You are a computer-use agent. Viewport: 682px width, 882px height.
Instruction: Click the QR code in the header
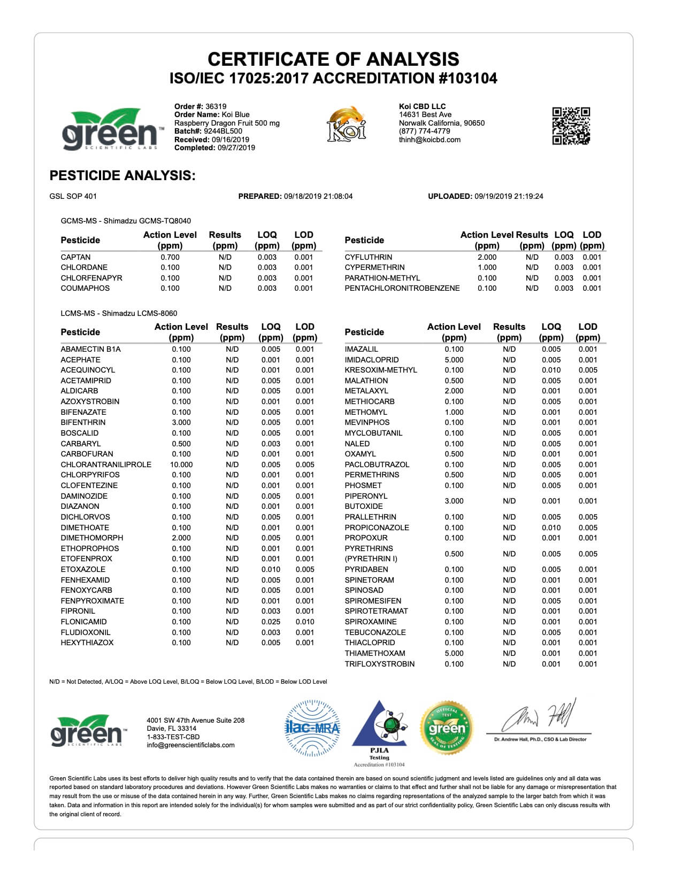[x=571, y=126]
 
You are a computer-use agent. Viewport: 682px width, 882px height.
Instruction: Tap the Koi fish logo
[x=347, y=124]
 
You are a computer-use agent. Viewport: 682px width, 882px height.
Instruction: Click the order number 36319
[x=216, y=106]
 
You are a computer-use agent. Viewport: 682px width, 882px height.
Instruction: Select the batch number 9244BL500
[x=223, y=131]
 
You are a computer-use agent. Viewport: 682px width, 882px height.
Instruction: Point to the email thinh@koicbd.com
[x=429, y=140]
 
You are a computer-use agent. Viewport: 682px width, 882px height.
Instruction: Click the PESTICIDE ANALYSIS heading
[x=122, y=175]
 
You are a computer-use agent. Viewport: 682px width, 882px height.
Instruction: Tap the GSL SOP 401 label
[x=73, y=196]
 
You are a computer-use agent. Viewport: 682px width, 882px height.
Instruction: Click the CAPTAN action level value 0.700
[x=170, y=257]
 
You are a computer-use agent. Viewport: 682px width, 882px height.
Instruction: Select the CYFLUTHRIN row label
[x=368, y=257]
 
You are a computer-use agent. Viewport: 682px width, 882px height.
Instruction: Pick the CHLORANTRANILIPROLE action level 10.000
[x=181, y=465]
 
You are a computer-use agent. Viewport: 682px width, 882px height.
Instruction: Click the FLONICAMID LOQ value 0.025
[x=271, y=622]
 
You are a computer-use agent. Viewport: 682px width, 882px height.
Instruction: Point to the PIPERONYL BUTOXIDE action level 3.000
[x=454, y=501]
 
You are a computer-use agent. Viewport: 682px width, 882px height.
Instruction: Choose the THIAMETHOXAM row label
[x=374, y=653]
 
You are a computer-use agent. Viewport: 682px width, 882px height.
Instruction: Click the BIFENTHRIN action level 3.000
[x=181, y=422]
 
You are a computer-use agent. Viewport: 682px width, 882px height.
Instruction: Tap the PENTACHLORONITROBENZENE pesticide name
[x=402, y=288]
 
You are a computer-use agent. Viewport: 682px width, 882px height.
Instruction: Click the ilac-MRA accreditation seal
[x=312, y=728]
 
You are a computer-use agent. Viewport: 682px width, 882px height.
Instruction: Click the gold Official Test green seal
[x=447, y=728]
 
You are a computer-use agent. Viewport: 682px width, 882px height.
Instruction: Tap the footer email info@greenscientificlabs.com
[x=190, y=745]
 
